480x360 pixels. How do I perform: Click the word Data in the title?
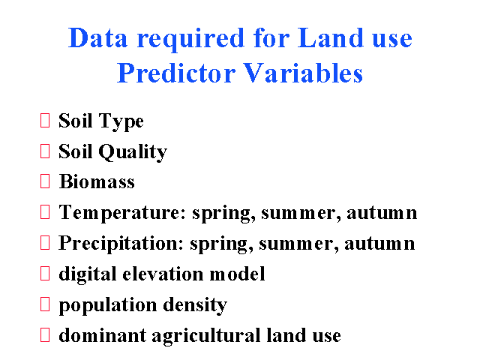pos(97,37)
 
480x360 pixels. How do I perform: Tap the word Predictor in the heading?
pos(176,73)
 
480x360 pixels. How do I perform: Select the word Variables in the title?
pos(303,73)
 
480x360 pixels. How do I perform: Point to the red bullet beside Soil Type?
pos(45,120)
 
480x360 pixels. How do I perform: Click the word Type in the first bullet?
pos(121,121)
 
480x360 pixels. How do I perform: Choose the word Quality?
pos(133,151)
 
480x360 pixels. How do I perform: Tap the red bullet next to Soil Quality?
pos(45,151)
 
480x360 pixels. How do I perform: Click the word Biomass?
pos(97,181)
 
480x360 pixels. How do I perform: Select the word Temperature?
pos(122,213)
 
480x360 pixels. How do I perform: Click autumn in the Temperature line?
pos(382,213)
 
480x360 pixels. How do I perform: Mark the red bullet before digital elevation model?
pos(45,273)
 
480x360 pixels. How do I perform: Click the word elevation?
pos(163,274)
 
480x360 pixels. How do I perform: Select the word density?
pos(195,305)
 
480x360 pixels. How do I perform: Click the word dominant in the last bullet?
pos(103,335)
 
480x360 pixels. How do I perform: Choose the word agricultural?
pos(206,336)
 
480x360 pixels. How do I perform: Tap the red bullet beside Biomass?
pos(45,181)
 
